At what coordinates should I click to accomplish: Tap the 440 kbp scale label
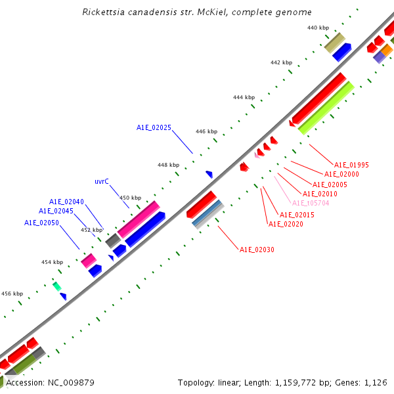click(x=318, y=28)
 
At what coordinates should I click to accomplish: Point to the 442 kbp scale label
click(x=281, y=62)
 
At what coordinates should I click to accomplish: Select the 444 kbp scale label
click(x=244, y=97)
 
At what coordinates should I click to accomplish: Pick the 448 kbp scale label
click(x=168, y=165)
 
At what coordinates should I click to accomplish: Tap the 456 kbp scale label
click(x=12, y=294)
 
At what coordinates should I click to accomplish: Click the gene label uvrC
click(x=102, y=181)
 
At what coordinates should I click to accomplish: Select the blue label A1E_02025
click(x=154, y=127)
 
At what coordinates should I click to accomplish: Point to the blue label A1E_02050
click(x=42, y=223)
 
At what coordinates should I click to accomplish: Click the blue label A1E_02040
click(x=66, y=202)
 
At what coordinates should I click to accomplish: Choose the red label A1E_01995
click(x=351, y=165)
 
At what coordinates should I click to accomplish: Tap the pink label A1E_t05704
click(x=311, y=203)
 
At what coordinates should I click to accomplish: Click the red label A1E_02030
click(x=257, y=250)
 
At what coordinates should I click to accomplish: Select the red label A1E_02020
click(x=286, y=224)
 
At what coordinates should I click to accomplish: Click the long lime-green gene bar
click(x=326, y=108)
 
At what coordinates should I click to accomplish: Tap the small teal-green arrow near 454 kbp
click(x=57, y=286)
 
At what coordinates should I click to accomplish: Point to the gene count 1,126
click(x=376, y=382)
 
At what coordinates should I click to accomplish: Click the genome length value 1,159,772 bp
click(x=305, y=382)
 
